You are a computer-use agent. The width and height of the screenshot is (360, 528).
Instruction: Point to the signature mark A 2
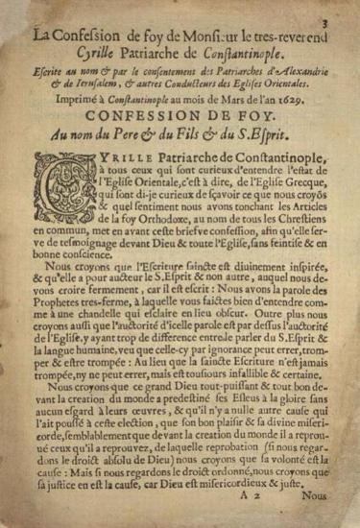pyautogui.click(x=257, y=510)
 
